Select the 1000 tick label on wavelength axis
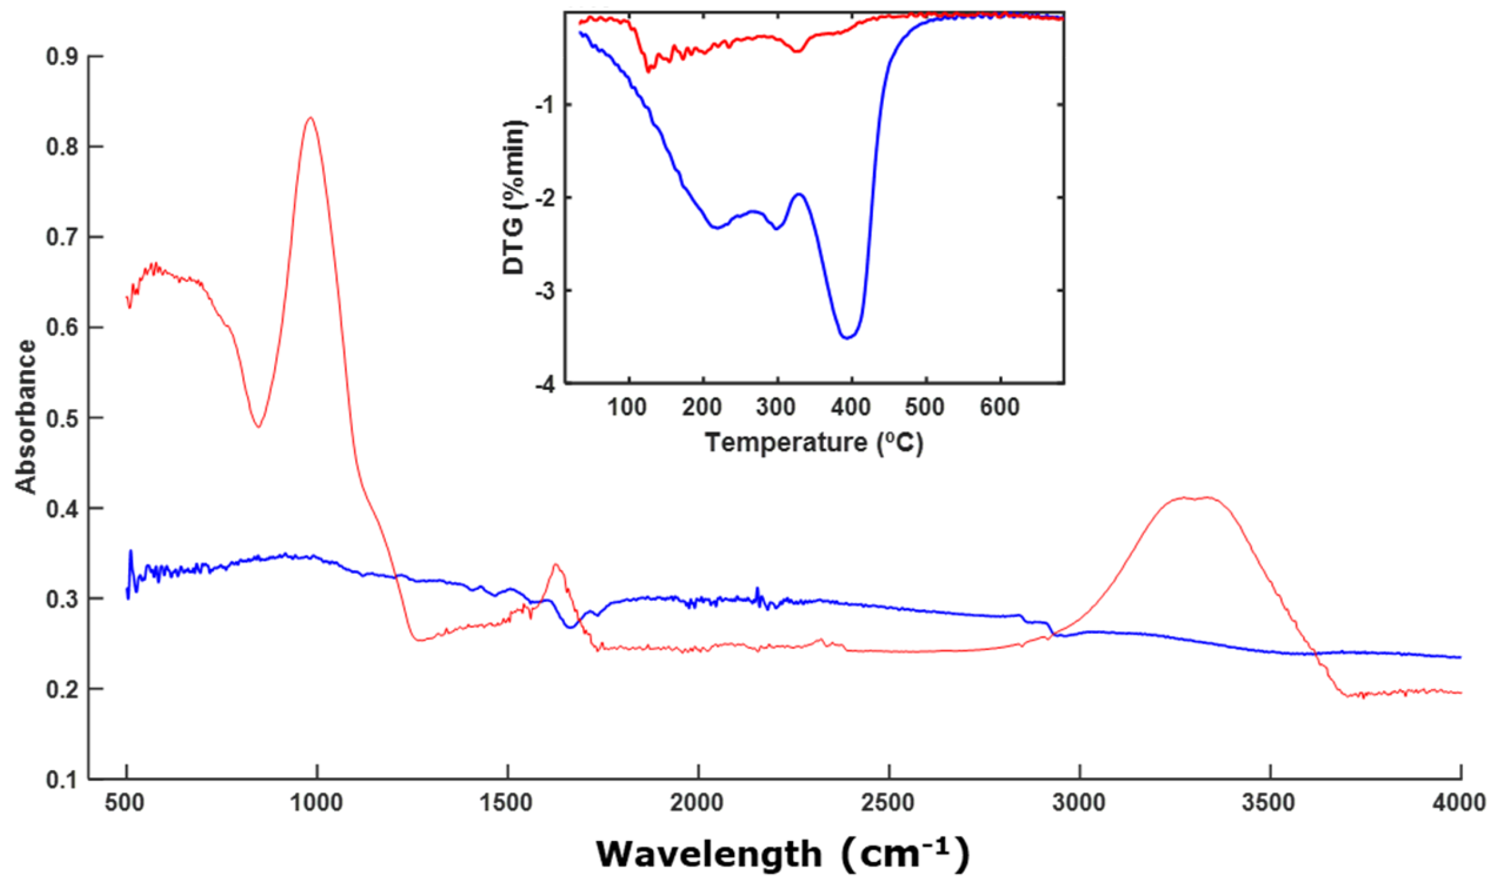tap(316, 802)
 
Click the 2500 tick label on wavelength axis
tap(888, 802)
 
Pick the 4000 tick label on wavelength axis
tap(1459, 802)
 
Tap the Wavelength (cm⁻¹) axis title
tap(782, 854)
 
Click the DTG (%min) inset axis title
tap(514, 198)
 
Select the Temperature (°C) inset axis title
tap(814, 443)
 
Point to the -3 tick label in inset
tap(545, 291)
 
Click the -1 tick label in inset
tap(545, 105)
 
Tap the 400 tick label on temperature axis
tap(851, 408)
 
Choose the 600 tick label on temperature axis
tap(1000, 408)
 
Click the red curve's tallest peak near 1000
tap(310, 118)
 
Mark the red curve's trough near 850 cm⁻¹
tap(258, 427)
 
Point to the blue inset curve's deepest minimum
tap(847, 338)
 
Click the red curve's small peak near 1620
tap(555, 565)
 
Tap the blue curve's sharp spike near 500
tap(131, 551)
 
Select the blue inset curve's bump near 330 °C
tap(799, 194)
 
